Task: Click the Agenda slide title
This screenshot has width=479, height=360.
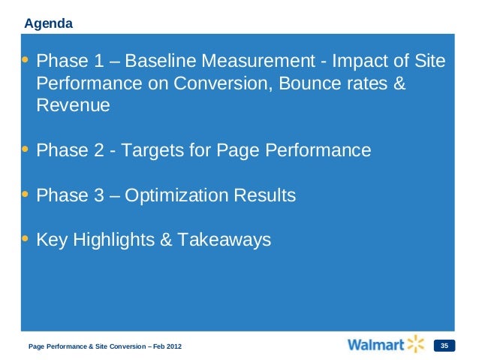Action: click(x=49, y=23)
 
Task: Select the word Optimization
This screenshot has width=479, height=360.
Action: click(x=179, y=195)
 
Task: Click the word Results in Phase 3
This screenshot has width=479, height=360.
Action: click(x=266, y=195)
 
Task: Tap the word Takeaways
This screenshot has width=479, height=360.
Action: click(x=224, y=241)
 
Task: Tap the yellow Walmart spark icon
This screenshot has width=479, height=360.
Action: click(x=416, y=344)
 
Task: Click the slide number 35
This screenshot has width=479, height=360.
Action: click(x=444, y=346)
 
